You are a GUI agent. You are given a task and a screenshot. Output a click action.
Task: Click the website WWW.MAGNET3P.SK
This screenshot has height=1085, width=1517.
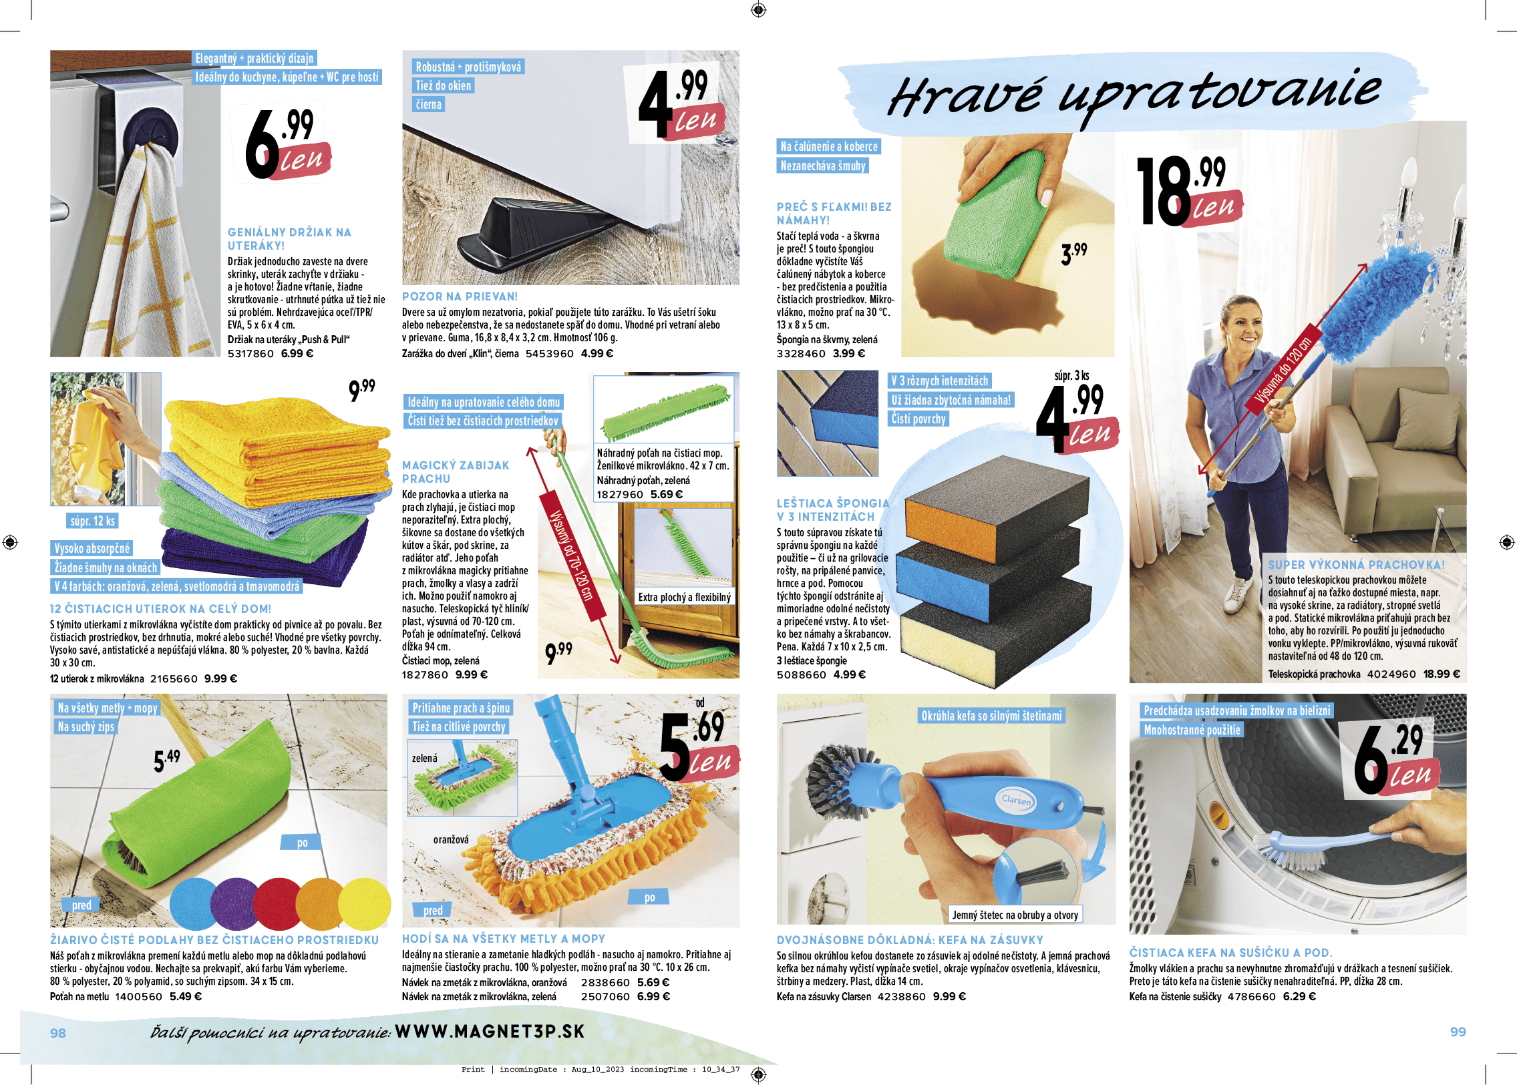point(490,1031)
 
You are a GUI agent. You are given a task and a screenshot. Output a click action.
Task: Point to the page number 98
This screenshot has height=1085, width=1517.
point(58,1033)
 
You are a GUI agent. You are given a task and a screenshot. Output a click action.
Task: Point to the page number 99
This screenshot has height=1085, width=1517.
point(1458,1032)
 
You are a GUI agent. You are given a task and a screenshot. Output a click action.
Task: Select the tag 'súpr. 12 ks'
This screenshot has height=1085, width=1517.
point(92,521)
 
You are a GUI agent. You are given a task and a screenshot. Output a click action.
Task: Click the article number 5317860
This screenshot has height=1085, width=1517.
point(250,353)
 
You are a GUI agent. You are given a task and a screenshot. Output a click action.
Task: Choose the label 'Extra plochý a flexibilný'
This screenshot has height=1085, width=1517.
point(684,597)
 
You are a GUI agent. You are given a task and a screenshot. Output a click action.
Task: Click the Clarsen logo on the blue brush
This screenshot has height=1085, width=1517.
point(1017,800)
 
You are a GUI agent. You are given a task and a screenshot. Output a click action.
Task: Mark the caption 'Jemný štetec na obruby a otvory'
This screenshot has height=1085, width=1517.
point(1015,915)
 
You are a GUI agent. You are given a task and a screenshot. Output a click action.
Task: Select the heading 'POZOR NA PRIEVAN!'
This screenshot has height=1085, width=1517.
point(460,296)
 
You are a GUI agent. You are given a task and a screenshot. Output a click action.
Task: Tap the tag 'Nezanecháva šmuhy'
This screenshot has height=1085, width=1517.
point(823,166)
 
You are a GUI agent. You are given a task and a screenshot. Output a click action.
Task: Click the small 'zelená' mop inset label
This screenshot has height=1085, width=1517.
point(424,758)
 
